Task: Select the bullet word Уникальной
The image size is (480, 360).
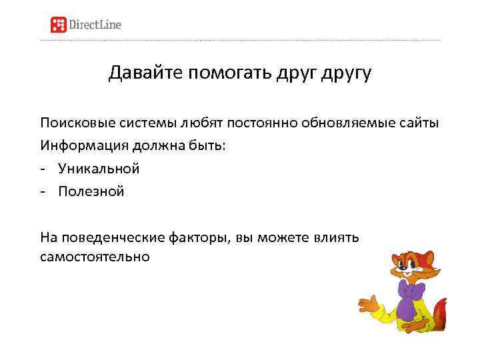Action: [x=99, y=169]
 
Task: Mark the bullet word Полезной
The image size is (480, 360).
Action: [x=91, y=191]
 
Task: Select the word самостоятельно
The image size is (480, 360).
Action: [x=95, y=256]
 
